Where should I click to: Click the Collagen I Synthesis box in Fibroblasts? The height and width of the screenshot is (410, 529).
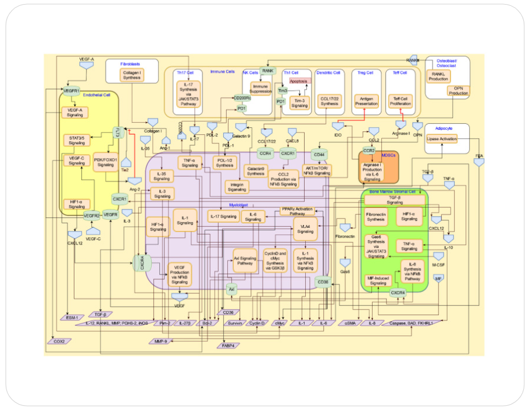pyautogui.click(x=133, y=74)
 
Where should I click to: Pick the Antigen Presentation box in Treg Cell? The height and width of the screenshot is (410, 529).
pyautogui.click(x=366, y=101)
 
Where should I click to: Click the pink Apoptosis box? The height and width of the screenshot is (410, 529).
pyautogui.click(x=298, y=81)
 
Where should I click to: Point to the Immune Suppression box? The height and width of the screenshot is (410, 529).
pyautogui.click(x=261, y=88)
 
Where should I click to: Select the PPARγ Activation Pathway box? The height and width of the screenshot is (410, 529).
pyautogui.click(x=297, y=211)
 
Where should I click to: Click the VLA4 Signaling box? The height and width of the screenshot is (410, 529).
pyautogui.click(x=305, y=229)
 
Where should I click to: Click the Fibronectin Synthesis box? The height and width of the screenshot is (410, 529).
pyautogui.click(x=377, y=218)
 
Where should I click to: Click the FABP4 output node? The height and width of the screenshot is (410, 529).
pyautogui.click(x=228, y=345)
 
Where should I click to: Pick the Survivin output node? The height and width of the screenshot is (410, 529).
pyautogui.click(x=234, y=323)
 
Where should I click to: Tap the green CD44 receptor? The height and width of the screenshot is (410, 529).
pyautogui.click(x=319, y=154)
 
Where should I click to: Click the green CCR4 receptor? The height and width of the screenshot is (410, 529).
pyautogui.click(x=266, y=154)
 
